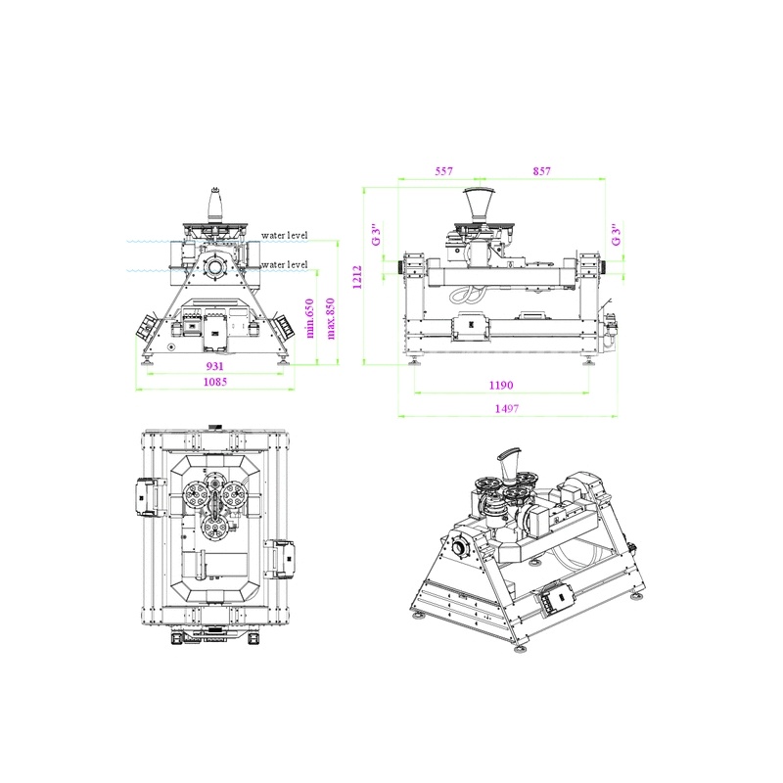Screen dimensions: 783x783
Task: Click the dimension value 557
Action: point(443,171)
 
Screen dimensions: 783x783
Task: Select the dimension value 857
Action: point(542,171)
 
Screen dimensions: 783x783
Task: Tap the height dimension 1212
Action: point(357,277)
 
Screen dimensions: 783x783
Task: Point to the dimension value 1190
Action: point(501,385)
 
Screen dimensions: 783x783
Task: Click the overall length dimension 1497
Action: point(507,408)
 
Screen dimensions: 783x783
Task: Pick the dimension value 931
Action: point(214,366)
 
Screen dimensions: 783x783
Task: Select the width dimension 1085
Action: point(215,382)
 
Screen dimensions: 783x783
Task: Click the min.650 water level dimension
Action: point(309,318)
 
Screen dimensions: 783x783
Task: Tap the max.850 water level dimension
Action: point(330,319)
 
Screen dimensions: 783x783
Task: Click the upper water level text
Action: point(285,235)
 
